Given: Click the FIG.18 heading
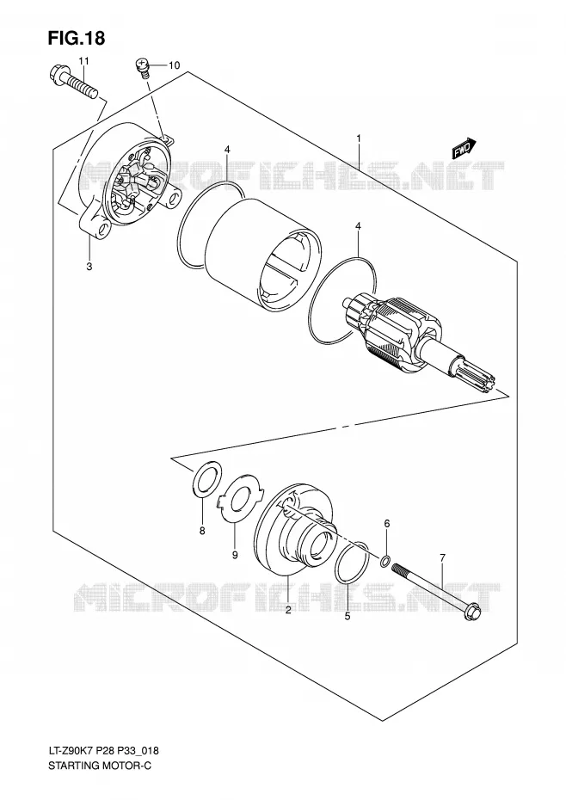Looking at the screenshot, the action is pos(77,38).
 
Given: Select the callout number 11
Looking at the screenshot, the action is pos(83,61).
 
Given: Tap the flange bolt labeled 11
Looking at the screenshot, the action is pos(73,82).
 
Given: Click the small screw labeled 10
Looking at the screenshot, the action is pos(144,67).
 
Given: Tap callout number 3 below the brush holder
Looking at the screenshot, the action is pos(89,267).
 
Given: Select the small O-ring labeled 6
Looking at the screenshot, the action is pos(386,563).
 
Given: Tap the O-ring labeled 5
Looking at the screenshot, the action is pos(353,562).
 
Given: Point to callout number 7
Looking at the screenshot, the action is pos(442,557).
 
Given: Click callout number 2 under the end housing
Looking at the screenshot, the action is pos(288,610).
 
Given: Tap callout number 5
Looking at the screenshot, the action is pos(348,616).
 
